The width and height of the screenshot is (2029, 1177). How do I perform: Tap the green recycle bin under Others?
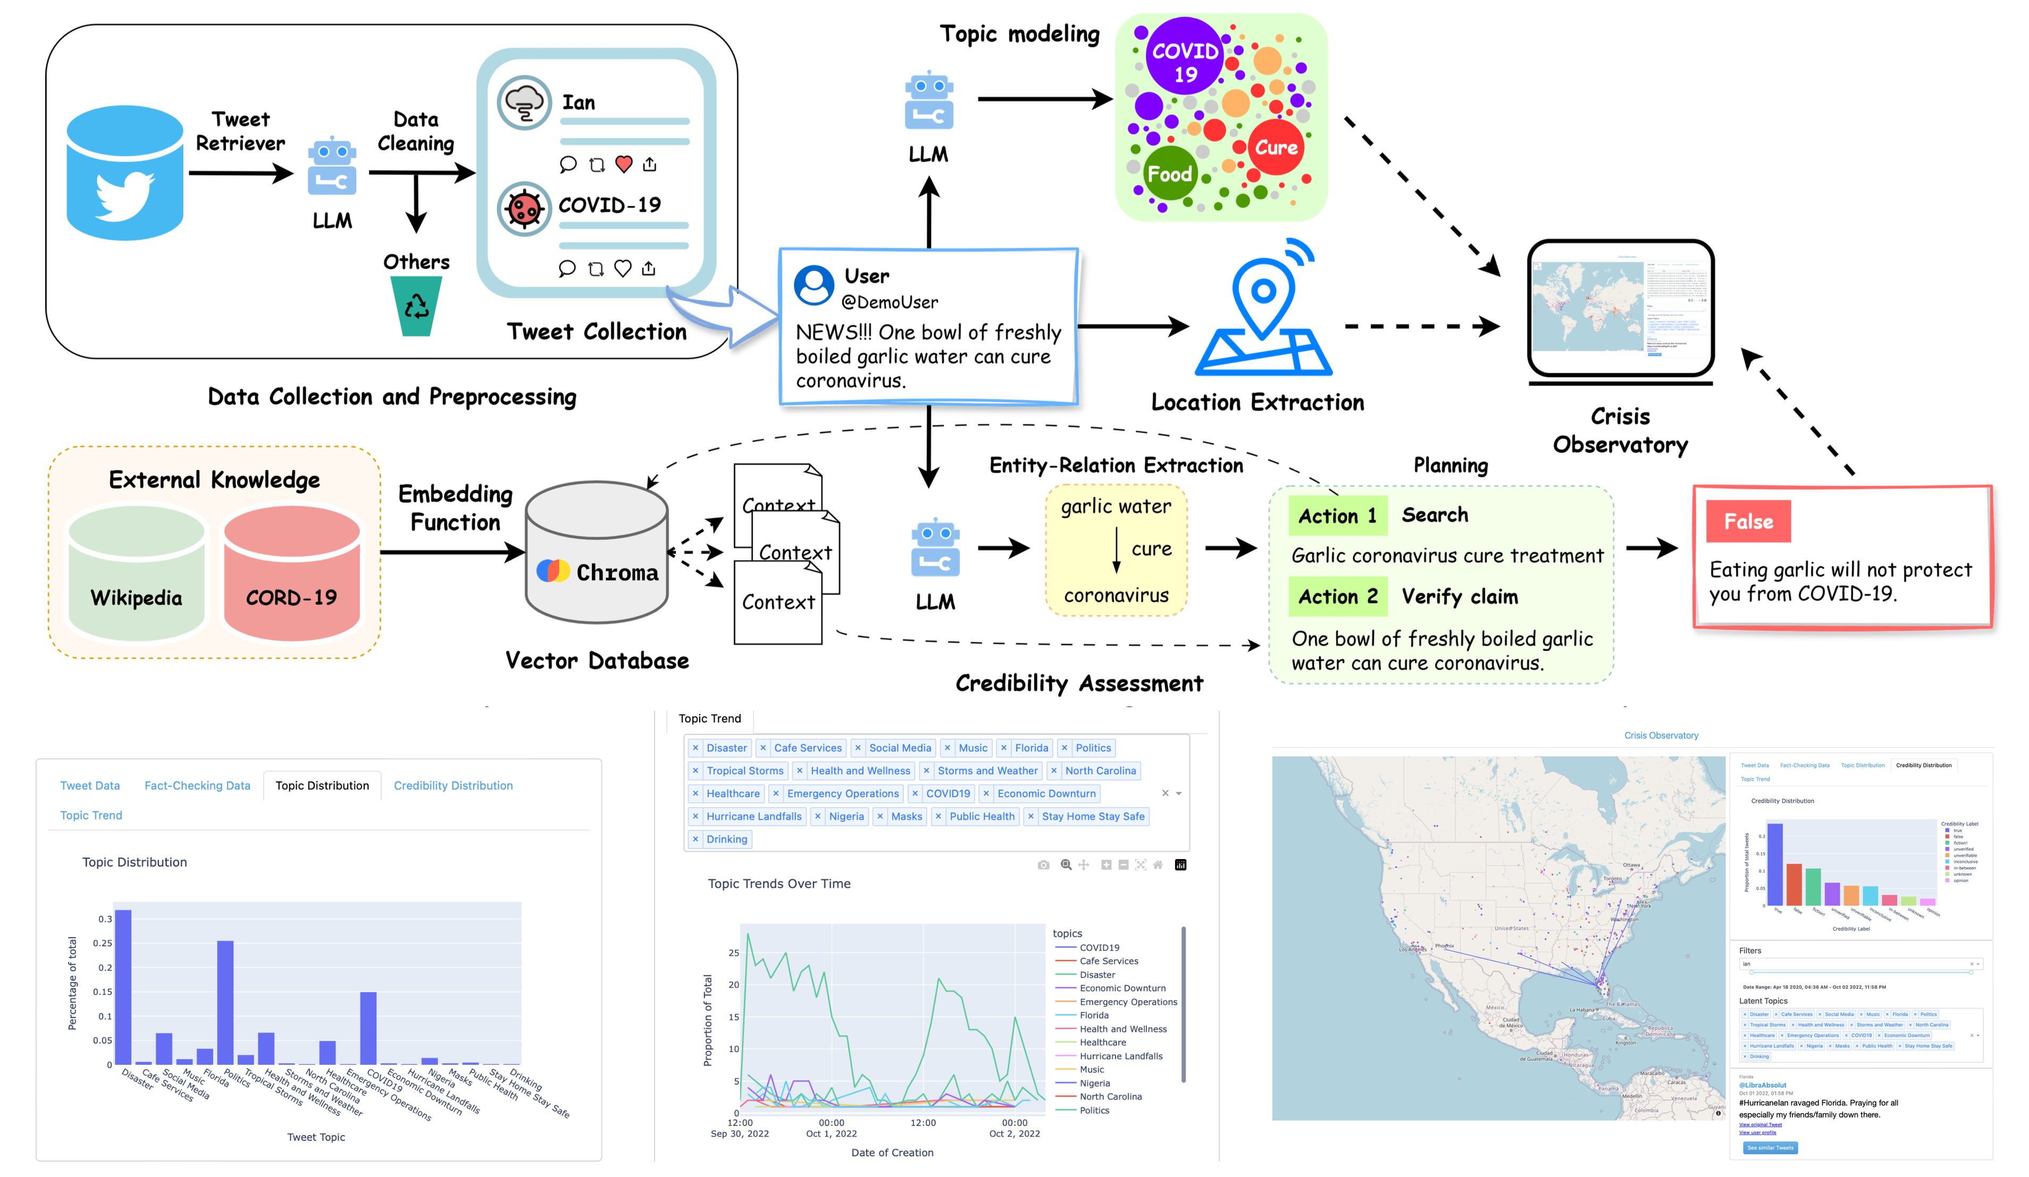coord(416,306)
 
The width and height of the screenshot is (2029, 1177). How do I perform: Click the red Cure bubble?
coord(1276,147)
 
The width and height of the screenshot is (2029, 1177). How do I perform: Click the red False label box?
coord(1748,522)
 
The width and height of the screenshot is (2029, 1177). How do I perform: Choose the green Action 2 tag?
coord(1337,596)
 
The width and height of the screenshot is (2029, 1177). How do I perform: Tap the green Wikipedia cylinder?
coord(137,573)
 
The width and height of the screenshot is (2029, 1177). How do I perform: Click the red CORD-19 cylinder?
coord(291,573)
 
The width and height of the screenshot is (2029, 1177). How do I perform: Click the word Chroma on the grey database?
coord(617,573)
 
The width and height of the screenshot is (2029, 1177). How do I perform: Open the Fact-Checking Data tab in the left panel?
coord(197,786)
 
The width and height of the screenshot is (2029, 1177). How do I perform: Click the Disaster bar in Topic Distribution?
coord(123,986)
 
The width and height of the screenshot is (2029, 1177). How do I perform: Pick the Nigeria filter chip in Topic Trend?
coord(846,817)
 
